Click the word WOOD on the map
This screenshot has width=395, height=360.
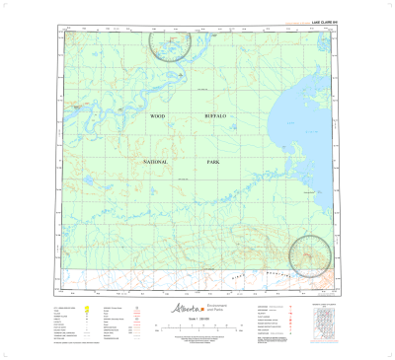[x=155, y=116]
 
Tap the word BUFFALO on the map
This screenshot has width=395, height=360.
[x=214, y=116]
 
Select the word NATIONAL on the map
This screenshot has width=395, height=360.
[x=156, y=161]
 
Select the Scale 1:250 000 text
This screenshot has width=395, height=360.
[x=197, y=324]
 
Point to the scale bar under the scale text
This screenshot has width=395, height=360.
[x=197, y=330]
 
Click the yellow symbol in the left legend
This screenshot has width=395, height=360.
[x=88, y=310]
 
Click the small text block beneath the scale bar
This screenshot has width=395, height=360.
[x=197, y=340]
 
